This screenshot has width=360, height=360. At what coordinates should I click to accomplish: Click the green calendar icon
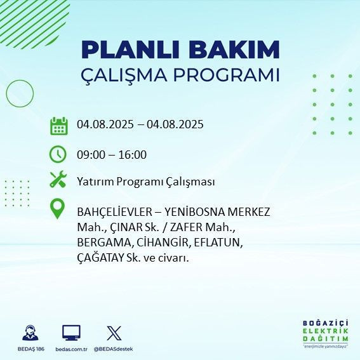[59, 125]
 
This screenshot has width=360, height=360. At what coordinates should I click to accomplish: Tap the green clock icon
[58, 154]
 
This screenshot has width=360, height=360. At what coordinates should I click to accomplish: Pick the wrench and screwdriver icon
[58, 180]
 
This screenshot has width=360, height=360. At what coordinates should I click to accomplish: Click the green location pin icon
[58, 209]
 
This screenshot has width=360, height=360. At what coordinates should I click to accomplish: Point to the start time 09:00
[90, 154]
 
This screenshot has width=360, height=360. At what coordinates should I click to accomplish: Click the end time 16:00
[133, 154]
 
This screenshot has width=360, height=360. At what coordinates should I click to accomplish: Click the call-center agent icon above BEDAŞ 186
[30, 333]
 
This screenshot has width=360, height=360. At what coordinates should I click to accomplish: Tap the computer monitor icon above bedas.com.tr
[71, 333]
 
